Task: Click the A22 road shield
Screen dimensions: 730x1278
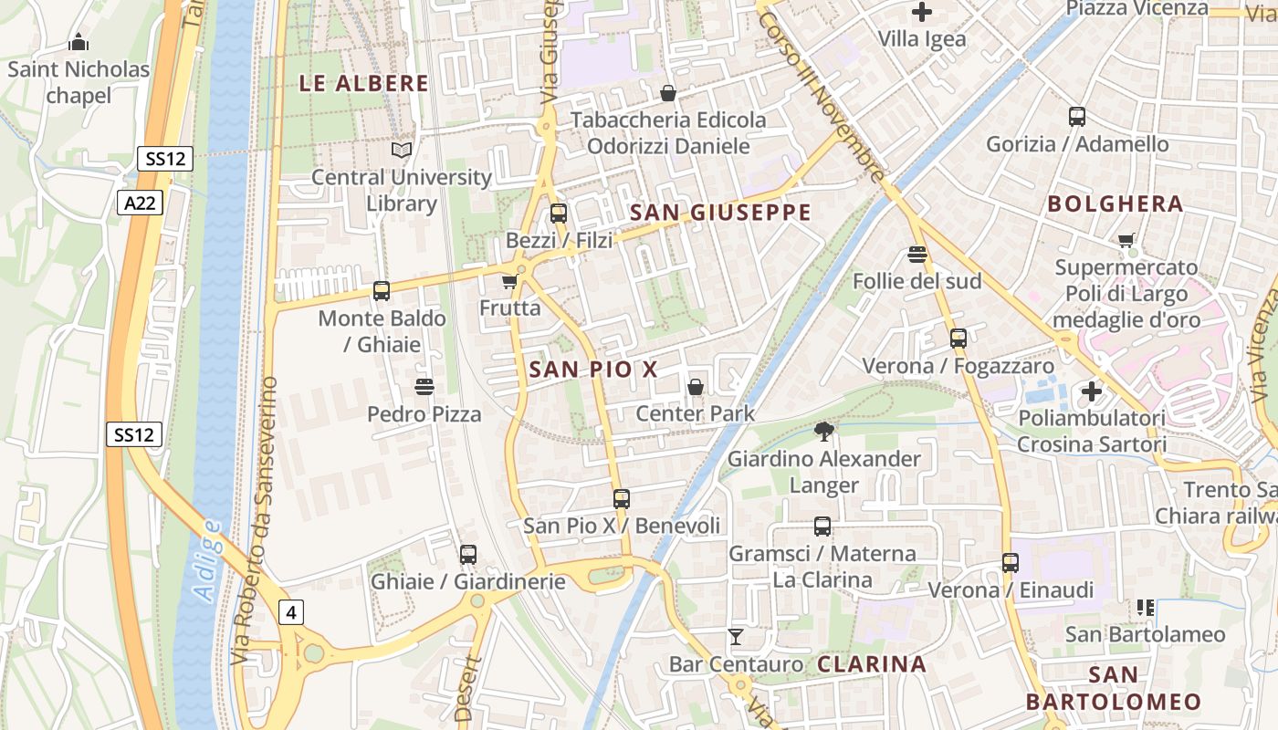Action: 140,203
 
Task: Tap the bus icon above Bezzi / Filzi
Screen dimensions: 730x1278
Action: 558,214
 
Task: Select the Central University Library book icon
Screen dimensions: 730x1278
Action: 402,150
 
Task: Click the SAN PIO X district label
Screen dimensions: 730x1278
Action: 593,370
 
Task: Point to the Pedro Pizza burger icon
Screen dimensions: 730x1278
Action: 424,387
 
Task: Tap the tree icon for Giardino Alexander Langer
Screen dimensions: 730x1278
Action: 823,432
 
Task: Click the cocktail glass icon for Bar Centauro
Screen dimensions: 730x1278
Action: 736,636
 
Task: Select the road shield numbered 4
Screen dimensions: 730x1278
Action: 291,612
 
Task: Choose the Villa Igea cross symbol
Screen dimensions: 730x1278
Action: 922,13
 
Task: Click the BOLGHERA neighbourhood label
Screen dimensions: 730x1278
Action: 1116,203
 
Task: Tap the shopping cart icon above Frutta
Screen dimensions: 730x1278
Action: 509,282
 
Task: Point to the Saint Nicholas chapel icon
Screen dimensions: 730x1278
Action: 79,42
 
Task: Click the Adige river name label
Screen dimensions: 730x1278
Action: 208,560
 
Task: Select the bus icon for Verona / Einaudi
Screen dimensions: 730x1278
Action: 1011,563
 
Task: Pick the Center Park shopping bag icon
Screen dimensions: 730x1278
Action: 696,387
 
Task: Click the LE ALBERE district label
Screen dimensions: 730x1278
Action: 363,84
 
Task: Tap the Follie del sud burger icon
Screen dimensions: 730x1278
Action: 917,254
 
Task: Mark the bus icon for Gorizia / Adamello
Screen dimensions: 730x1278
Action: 1077,117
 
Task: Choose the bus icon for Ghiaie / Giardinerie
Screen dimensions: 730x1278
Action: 468,554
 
